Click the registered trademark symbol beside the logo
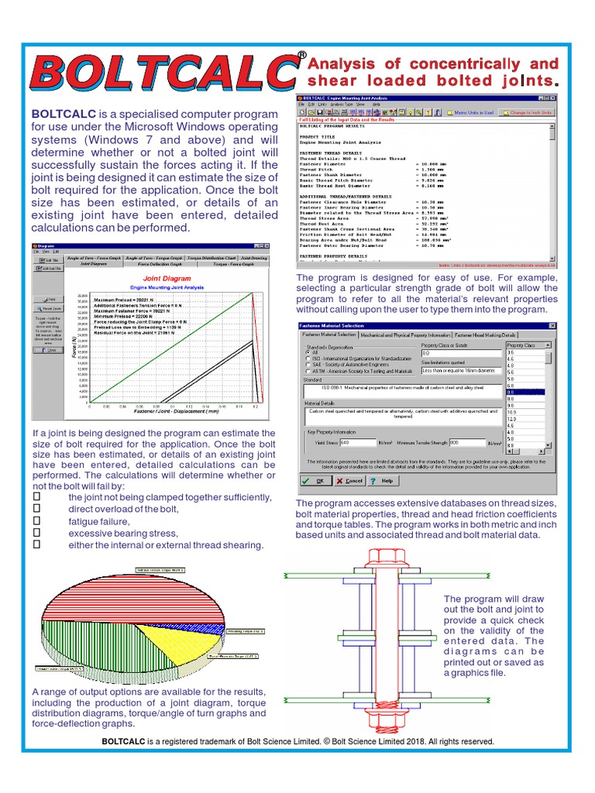click(301, 55)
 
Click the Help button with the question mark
click(383, 480)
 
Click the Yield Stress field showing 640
click(356, 442)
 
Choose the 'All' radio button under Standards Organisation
click(308, 351)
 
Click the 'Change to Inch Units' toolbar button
click(530, 112)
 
